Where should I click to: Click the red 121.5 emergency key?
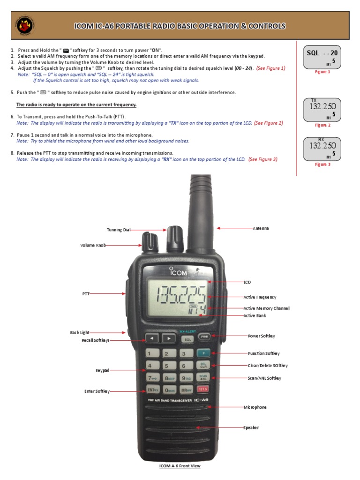(203, 390)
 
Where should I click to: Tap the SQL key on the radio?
(187, 339)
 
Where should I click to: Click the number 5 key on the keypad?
(167, 366)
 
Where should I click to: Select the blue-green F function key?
(203, 353)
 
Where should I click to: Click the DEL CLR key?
(203, 366)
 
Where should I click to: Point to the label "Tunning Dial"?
(118, 230)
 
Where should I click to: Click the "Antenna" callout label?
(261, 228)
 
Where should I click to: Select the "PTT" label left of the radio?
(86, 294)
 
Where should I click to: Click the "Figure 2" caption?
(322, 125)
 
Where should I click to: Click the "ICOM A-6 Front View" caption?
(180, 466)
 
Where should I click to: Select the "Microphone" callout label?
(255, 407)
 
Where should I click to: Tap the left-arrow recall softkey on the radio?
(151, 338)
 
